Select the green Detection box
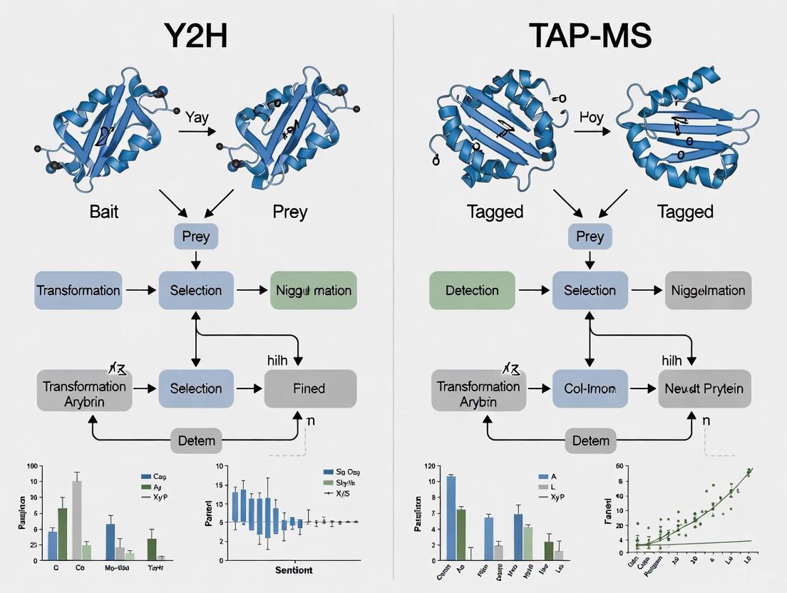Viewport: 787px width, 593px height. [472, 290]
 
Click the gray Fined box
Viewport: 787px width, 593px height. [309, 388]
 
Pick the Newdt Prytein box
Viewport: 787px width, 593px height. [704, 388]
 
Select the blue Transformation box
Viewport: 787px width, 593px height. [78, 290]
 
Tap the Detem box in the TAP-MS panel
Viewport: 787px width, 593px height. [590, 440]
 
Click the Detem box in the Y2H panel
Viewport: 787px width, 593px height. [196, 440]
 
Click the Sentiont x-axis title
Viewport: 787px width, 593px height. [294, 570]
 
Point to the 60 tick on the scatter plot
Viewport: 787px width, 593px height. [619, 466]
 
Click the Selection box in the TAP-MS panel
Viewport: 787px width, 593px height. [590, 290]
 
